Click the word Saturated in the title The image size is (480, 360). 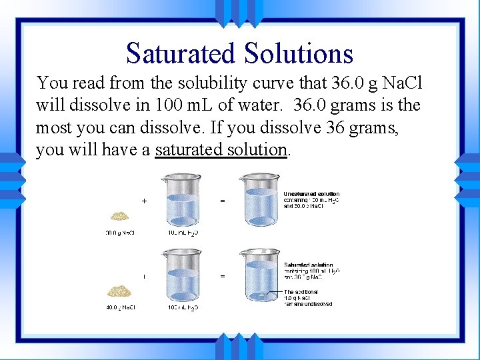pos(179,53)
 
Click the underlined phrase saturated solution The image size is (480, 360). pos(221,149)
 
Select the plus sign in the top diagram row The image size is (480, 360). pos(145,200)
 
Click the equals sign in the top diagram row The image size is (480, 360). pos(222,200)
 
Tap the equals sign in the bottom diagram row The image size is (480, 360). pos(222,275)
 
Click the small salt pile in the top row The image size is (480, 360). pos(120,216)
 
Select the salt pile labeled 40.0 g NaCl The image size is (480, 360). pos(121,291)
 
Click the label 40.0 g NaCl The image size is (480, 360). pos(119,307)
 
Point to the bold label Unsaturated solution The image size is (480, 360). pos(311,194)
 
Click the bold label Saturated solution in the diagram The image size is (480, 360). pos(308,265)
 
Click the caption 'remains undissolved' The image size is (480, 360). pos(309,305)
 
